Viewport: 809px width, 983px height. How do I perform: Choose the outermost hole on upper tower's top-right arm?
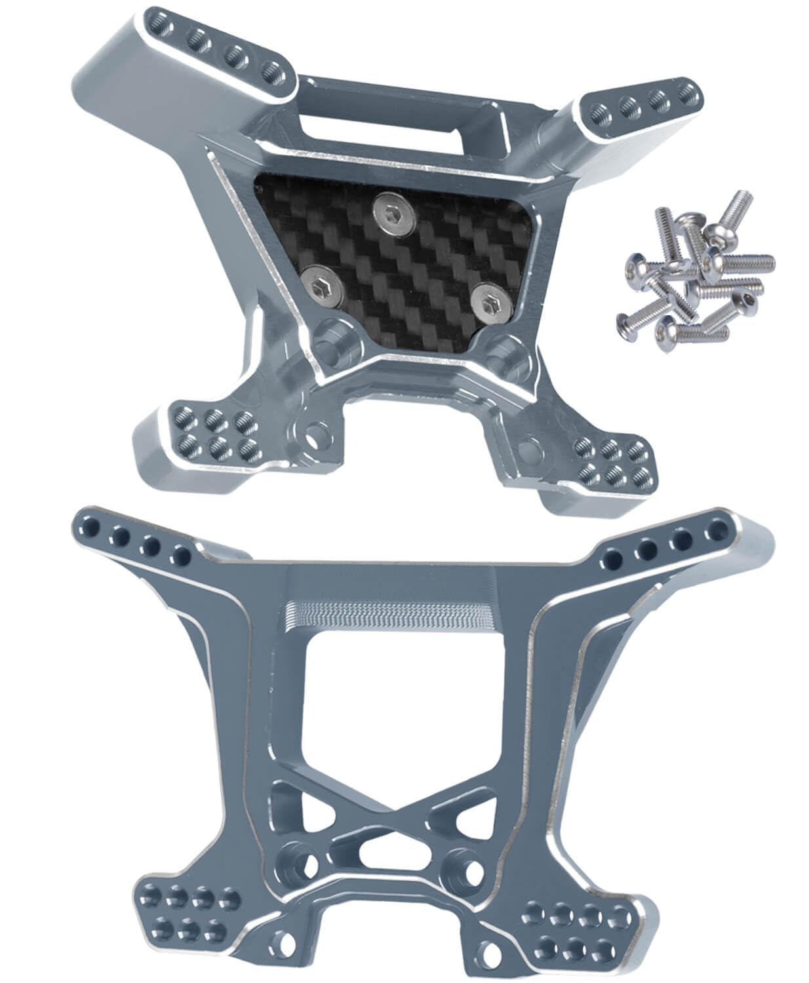click(x=686, y=92)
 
